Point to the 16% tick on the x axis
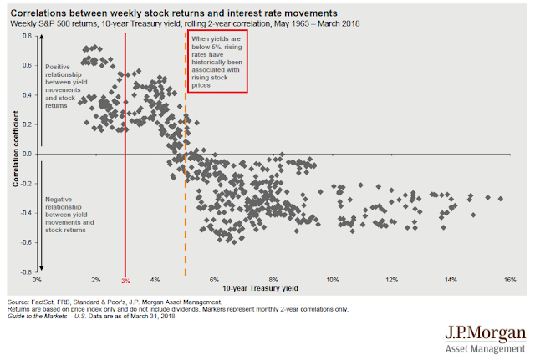[x=509, y=278]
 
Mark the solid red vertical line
[x=125, y=167]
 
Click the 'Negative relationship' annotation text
[x=66, y=213]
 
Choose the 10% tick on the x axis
[x=332, y=278]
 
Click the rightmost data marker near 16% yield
[x=501, y=198]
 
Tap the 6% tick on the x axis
[x=214, y=278]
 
